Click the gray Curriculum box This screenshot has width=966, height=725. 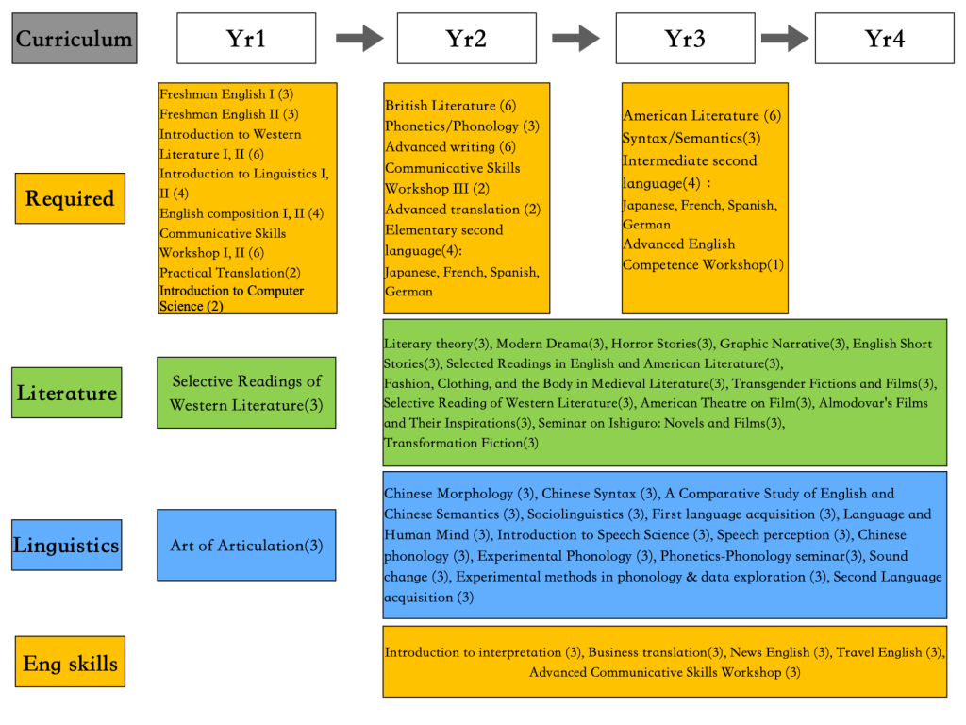75,39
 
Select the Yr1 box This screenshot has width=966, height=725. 246,39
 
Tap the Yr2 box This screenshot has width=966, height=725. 466,39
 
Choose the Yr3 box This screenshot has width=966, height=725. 685,39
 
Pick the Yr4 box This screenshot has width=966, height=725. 885,39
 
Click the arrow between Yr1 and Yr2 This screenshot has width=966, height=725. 359,39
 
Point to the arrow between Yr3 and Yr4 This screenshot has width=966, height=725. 784,39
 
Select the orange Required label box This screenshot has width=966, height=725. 70,198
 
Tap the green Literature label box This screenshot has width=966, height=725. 67,393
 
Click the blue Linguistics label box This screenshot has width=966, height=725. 66,545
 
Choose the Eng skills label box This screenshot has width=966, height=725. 70,662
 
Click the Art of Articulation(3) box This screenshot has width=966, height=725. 246,546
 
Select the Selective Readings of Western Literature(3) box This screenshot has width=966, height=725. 246,393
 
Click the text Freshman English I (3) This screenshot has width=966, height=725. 226,94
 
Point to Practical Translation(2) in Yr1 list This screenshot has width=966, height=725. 230,273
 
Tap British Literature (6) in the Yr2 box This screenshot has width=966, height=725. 451,106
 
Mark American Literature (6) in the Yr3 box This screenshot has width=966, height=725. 702,116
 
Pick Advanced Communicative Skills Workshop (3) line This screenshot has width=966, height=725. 664,672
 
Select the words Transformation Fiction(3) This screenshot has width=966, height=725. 461,443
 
